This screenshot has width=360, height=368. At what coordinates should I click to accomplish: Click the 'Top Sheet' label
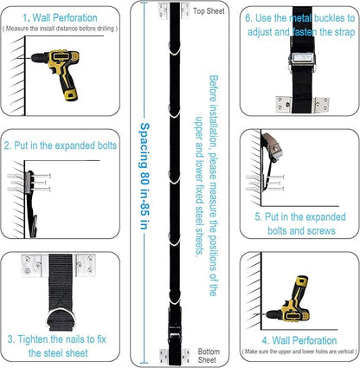click(209, 11)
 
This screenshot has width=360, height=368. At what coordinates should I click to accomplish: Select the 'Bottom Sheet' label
click(209, 356)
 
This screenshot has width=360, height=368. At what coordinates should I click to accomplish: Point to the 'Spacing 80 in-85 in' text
click(145, 176)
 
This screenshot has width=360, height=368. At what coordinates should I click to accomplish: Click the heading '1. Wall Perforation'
click(60, 18)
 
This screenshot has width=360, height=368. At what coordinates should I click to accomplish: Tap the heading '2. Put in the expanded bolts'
click(61, 145)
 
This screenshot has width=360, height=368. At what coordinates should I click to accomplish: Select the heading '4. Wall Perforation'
click(299, 340)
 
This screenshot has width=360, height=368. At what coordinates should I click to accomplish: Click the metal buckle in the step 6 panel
click(302, 61)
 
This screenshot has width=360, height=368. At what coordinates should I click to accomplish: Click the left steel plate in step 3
click(32, 266)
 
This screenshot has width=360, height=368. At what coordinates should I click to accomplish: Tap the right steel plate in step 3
click(86, 265)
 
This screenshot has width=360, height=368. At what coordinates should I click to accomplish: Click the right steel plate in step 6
click(321, 105)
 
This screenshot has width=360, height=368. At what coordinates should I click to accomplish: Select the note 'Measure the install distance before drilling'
click(60, 29)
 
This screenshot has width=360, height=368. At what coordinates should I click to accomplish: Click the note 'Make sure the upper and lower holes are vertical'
click(299, 352)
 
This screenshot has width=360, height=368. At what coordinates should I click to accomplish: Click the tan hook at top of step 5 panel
click(273, 145)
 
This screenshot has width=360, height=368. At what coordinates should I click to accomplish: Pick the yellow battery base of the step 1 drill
click(71, 94)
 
